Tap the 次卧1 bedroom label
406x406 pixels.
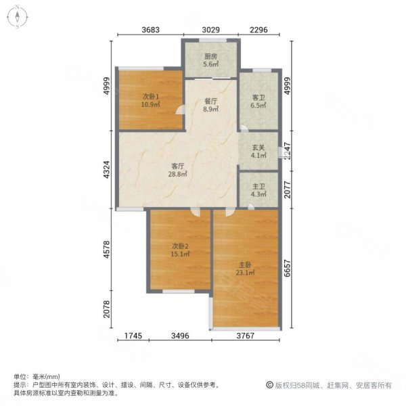pos(150,95)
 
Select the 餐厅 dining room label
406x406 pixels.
pos(210,100)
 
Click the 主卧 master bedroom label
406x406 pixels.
pos(245,263)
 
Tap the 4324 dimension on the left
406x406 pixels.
pos(106,170)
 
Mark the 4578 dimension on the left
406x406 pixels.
pos(106,251)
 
